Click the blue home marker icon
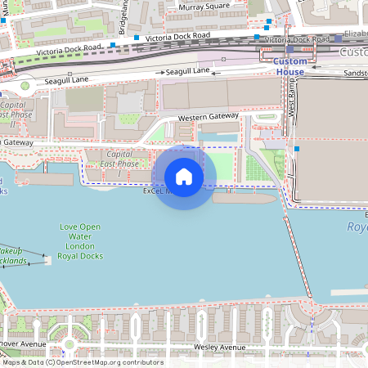tap(184, 177)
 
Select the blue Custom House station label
tap(289, 67)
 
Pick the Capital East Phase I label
tap(119, 164)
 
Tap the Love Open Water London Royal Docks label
tap(79, 240)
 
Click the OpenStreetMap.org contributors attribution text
tap(114, 362)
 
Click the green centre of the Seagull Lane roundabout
tap(24, 85)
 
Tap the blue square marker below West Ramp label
tap(298, 149)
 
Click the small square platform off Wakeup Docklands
tap(47, 260)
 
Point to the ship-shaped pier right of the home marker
tap(245, 197)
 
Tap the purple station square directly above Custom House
tap(289, 50)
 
